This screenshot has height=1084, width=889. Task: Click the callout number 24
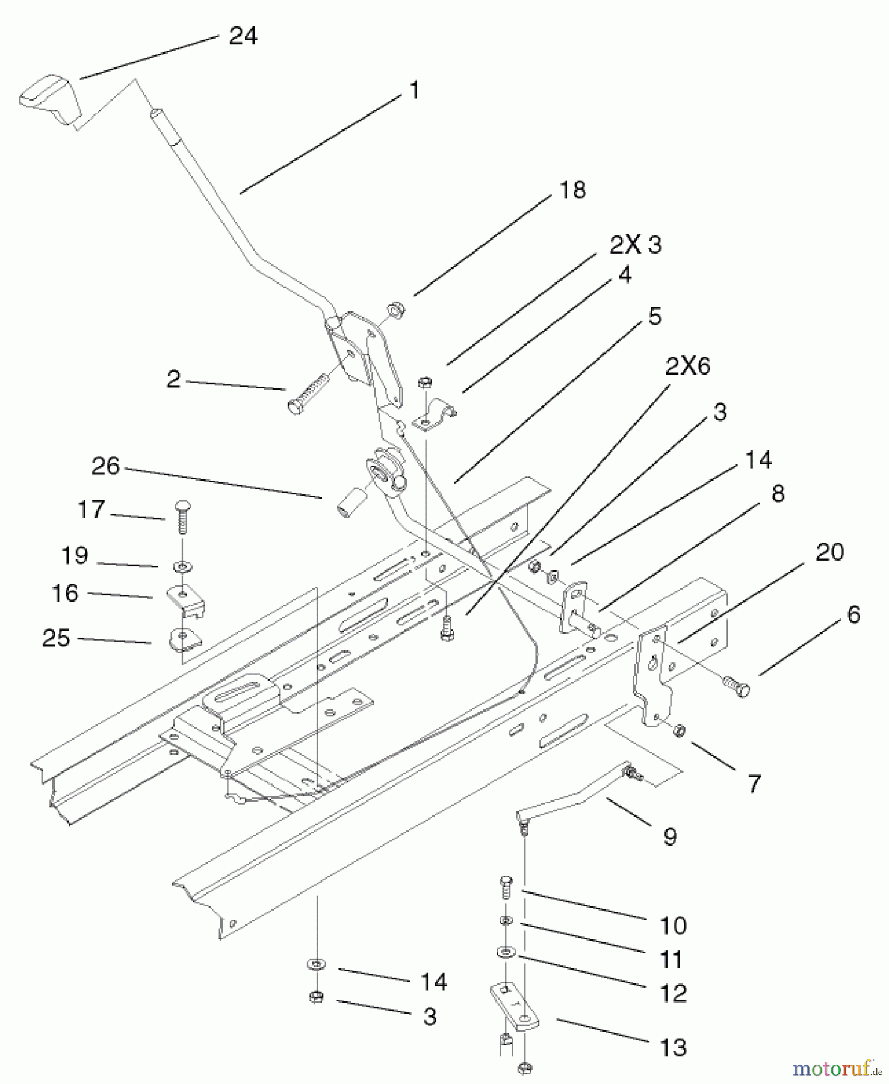(243, 36)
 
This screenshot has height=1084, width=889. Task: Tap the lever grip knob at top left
(51, 99)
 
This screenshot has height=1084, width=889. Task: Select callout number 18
(572, 190)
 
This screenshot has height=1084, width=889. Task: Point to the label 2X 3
(635, 245)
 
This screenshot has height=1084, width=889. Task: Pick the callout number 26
(105, 466)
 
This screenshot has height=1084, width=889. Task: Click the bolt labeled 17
(181, 516)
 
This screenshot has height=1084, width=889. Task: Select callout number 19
(75, 555)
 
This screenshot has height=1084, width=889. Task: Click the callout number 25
(56, 638)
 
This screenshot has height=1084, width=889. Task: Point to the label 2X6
(687, 366)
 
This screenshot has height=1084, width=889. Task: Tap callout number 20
(829, 552)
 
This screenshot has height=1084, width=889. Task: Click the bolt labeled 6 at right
(736, 686)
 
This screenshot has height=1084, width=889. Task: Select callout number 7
(754, 783)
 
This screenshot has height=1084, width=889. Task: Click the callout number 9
(670, 836)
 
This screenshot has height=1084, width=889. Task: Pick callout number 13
(673, 1048)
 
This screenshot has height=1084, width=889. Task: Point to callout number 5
(654, 316)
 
